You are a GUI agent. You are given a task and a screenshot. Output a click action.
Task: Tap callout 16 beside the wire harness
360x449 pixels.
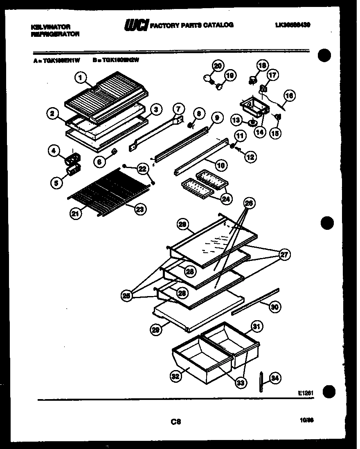[289, 96]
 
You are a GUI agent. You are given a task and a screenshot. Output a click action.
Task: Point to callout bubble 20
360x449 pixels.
[218, 65]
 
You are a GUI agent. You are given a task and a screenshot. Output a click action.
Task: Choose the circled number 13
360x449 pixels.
[236, 120]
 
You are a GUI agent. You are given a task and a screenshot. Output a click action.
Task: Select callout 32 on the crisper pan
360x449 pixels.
[175, 377]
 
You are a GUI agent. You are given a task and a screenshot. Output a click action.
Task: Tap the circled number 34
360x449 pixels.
[275, 378]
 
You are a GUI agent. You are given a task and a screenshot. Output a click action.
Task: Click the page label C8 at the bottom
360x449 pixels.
[177, 420]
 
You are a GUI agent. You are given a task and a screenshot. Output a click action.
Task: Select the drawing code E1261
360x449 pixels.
[306, 393]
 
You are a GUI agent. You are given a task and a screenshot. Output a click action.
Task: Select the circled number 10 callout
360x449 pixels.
[220, 166]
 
